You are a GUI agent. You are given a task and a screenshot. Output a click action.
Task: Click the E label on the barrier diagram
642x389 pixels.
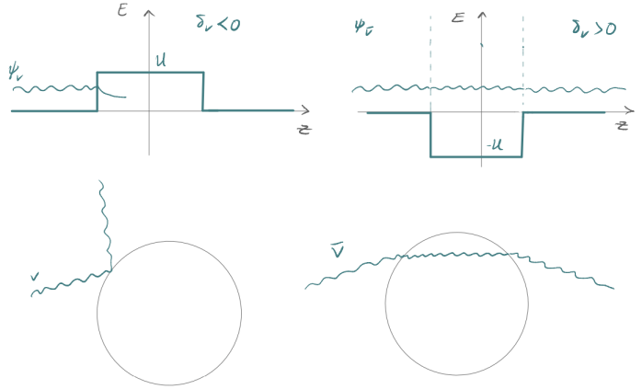click(x=122, y=9)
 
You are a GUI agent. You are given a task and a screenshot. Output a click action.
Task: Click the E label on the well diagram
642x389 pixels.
click(x=458, y=17)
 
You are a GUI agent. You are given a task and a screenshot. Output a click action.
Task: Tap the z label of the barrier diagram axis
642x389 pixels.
click(x=304, y=130)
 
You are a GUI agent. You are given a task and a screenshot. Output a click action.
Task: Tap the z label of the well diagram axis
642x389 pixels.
click(x=622, y=125)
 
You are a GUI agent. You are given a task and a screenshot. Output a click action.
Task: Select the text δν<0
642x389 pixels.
click(x=218, y=23)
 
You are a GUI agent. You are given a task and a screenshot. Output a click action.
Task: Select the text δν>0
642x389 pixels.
click(x=594, y=28)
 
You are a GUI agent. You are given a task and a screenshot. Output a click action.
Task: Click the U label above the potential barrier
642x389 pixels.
click(x=161, y=61)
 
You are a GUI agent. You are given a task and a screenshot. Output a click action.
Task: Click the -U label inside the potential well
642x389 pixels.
click(x=495, y=145)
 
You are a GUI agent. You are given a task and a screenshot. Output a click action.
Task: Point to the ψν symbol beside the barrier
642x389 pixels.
click(x=16, y=72)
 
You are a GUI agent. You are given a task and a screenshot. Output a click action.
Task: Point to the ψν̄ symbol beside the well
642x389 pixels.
click(x=363, y=29)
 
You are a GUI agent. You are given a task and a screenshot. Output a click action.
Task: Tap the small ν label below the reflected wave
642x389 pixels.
click(x=35, y=277)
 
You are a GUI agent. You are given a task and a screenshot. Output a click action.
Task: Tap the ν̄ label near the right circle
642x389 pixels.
click(x=338, y=251)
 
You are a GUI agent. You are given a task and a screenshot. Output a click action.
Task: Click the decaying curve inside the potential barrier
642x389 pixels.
click(x=111, y=93)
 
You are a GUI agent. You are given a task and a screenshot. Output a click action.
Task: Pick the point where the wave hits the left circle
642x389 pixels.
click(x=111, y=269)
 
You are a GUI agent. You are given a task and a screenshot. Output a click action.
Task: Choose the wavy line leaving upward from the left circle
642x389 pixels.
click(x=106, y=224)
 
